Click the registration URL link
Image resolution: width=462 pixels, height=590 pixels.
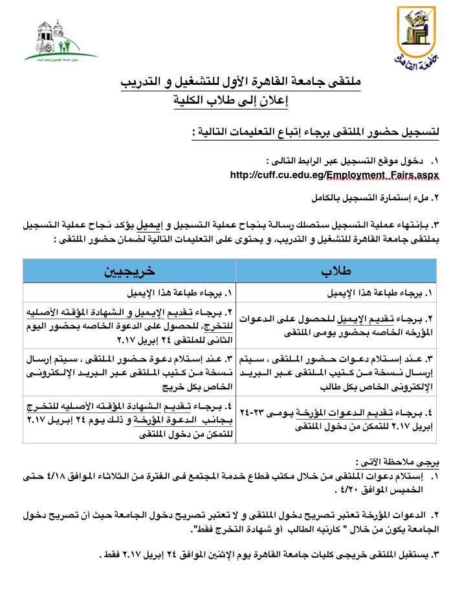[335, 175]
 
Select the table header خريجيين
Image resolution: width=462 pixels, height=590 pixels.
[130, 271]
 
